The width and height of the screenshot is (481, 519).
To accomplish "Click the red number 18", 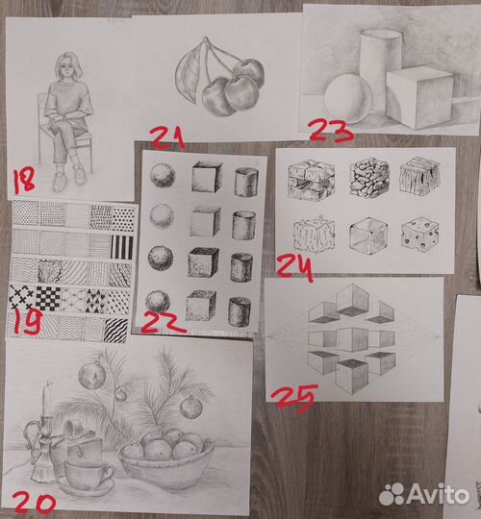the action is (24, 180).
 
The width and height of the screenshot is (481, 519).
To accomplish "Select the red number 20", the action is (34, 503).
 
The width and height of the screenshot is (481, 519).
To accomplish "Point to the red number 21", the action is (167, 138).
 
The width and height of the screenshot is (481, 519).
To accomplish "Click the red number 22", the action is (163, 323).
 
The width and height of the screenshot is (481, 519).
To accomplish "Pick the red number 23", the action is (330, 131).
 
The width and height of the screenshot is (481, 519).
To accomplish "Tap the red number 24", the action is (294, 269).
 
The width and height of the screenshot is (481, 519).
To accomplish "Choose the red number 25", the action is (294, 398).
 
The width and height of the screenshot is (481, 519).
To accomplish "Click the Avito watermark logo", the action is (424, 495).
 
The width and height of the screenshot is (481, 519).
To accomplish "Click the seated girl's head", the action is (68, 66).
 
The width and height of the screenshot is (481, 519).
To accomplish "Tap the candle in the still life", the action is (47, 399).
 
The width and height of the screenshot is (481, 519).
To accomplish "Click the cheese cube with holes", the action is (420, 235).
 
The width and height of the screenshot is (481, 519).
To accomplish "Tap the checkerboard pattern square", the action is (48, 298).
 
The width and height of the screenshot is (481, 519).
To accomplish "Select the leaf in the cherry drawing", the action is (190, 73).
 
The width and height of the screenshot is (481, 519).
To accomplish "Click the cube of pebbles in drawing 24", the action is (369, 178).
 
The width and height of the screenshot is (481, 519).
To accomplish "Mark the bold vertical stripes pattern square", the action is (122, 247).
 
